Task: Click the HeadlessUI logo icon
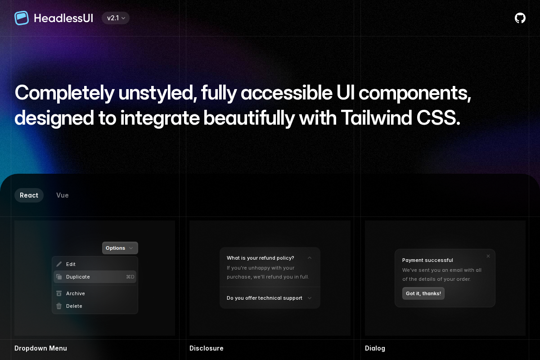coord(22,18)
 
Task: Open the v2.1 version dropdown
coord(116,18)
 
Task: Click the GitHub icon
coord(520,18)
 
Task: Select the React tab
coord(29,195)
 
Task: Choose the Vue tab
coord(63,195)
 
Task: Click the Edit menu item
coord(71,264)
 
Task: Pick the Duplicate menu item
coord(78,277)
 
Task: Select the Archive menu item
coord(75,293)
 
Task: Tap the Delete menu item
coord(74,306)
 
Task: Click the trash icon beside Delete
coord(59,306)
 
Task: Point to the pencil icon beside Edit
coord(59,264)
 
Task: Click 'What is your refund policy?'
coord(260,258)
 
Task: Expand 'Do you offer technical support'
coord(265,298)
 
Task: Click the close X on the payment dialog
coord(488,256)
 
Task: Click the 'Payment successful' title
coord(427,260)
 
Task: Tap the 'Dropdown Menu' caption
coord(40,348)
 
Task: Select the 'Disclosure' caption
coord(206,348)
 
